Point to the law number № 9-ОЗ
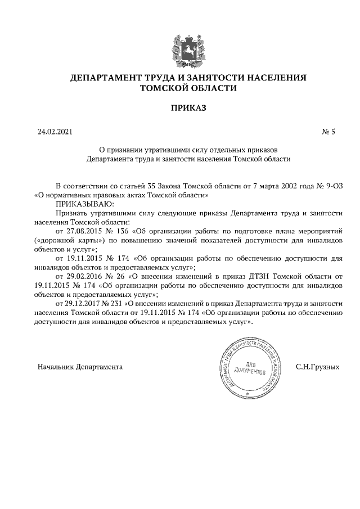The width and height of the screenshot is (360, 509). [326, 186]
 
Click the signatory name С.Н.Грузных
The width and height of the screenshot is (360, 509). [317, 366]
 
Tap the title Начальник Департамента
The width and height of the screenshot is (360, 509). [80, 366]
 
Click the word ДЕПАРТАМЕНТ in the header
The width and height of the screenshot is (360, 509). [104, 78]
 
